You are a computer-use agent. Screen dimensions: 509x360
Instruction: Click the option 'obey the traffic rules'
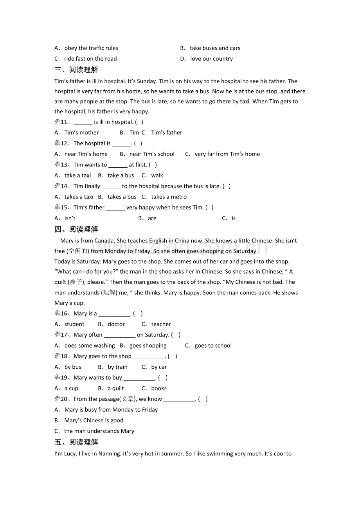[91, 48]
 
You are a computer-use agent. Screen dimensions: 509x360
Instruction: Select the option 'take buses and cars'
[215, 48]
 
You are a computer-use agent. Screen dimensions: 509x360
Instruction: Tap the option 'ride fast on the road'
[90, 59]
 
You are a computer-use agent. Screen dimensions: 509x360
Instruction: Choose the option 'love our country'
[211, 59]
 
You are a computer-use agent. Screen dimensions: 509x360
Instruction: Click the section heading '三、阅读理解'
[76, 70]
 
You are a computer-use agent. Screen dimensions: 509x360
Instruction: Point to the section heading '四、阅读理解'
[76, 229]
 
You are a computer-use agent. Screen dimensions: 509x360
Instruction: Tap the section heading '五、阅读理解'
[76, 442]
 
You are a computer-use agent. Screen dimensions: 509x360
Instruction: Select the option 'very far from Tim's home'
[227, 154]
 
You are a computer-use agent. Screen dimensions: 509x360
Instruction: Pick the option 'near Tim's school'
[152, 154]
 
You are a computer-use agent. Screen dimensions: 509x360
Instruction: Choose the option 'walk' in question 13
[157, 176]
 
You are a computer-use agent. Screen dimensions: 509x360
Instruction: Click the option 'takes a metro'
[169, 197]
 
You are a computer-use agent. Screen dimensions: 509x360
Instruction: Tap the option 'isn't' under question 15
[70, 218]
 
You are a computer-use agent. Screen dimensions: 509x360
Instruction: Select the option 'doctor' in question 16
[116, 324]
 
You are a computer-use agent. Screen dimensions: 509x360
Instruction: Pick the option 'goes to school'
[213, 346]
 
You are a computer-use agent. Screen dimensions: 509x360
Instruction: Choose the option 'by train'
[117, 367]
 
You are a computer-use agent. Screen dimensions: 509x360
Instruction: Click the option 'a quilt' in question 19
[115, 389]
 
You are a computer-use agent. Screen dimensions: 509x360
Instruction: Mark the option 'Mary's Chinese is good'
[94, 421]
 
